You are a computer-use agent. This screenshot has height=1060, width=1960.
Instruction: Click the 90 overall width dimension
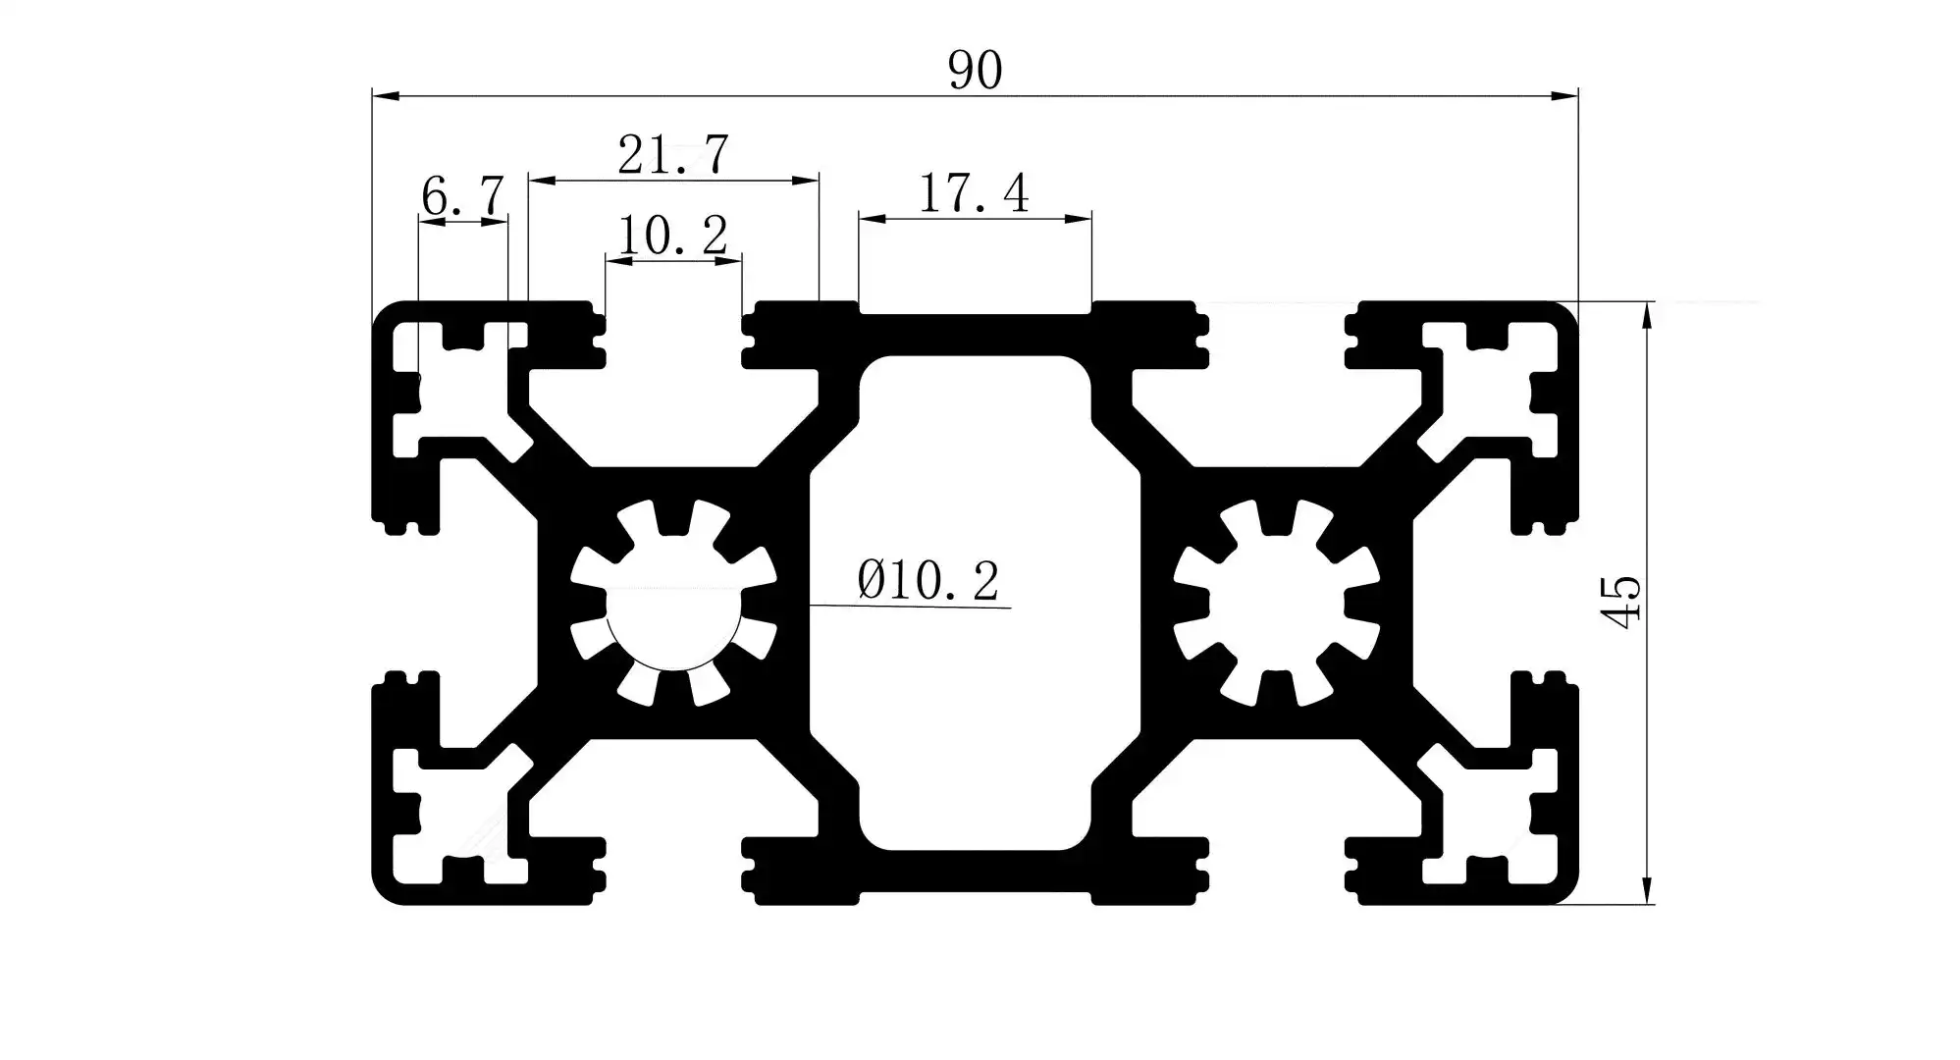click(x=975, y=71)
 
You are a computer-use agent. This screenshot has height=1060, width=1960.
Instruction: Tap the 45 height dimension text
click(x=1620, y=602)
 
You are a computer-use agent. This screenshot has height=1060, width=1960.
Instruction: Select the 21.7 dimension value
click(x=673, y=155)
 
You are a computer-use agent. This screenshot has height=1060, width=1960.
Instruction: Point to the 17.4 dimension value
click(x=974, y=193)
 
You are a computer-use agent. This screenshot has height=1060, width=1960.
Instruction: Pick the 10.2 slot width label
click(x=672, y=236)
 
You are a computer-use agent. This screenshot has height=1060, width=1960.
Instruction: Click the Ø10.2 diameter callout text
click(x=927, y=580)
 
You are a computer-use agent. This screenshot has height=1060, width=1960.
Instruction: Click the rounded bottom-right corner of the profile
click(x=1564, y=891)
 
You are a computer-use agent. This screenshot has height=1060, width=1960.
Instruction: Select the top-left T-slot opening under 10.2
click(x=673, y=334)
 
